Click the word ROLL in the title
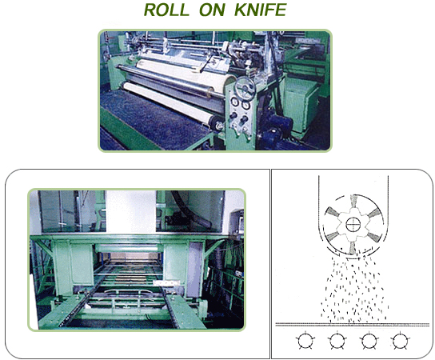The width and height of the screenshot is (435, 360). coord(166,10)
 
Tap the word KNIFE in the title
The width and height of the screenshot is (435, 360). coord(260,10)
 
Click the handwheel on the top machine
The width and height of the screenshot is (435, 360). coord(245,89)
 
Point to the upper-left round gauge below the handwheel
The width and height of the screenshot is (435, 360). coord(235,102)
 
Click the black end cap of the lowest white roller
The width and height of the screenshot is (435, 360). coord(217,124)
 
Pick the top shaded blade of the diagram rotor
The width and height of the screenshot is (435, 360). coord(353,201)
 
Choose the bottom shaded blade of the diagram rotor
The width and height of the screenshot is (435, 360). coord(353,247)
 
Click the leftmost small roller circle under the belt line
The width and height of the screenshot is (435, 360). coord(305,341)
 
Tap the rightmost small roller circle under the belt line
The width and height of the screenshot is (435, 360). coord(400,341)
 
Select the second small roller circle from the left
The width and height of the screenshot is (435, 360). coord(337,341)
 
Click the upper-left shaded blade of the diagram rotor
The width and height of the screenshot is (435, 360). coord(332,212)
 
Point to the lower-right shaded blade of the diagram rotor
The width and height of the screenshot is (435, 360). coord(373,237)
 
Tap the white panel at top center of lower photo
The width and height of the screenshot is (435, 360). coord(130,211)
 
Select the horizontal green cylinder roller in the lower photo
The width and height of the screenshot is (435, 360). coord(128,248)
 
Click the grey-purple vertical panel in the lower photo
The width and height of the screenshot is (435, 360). coord(194,269)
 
